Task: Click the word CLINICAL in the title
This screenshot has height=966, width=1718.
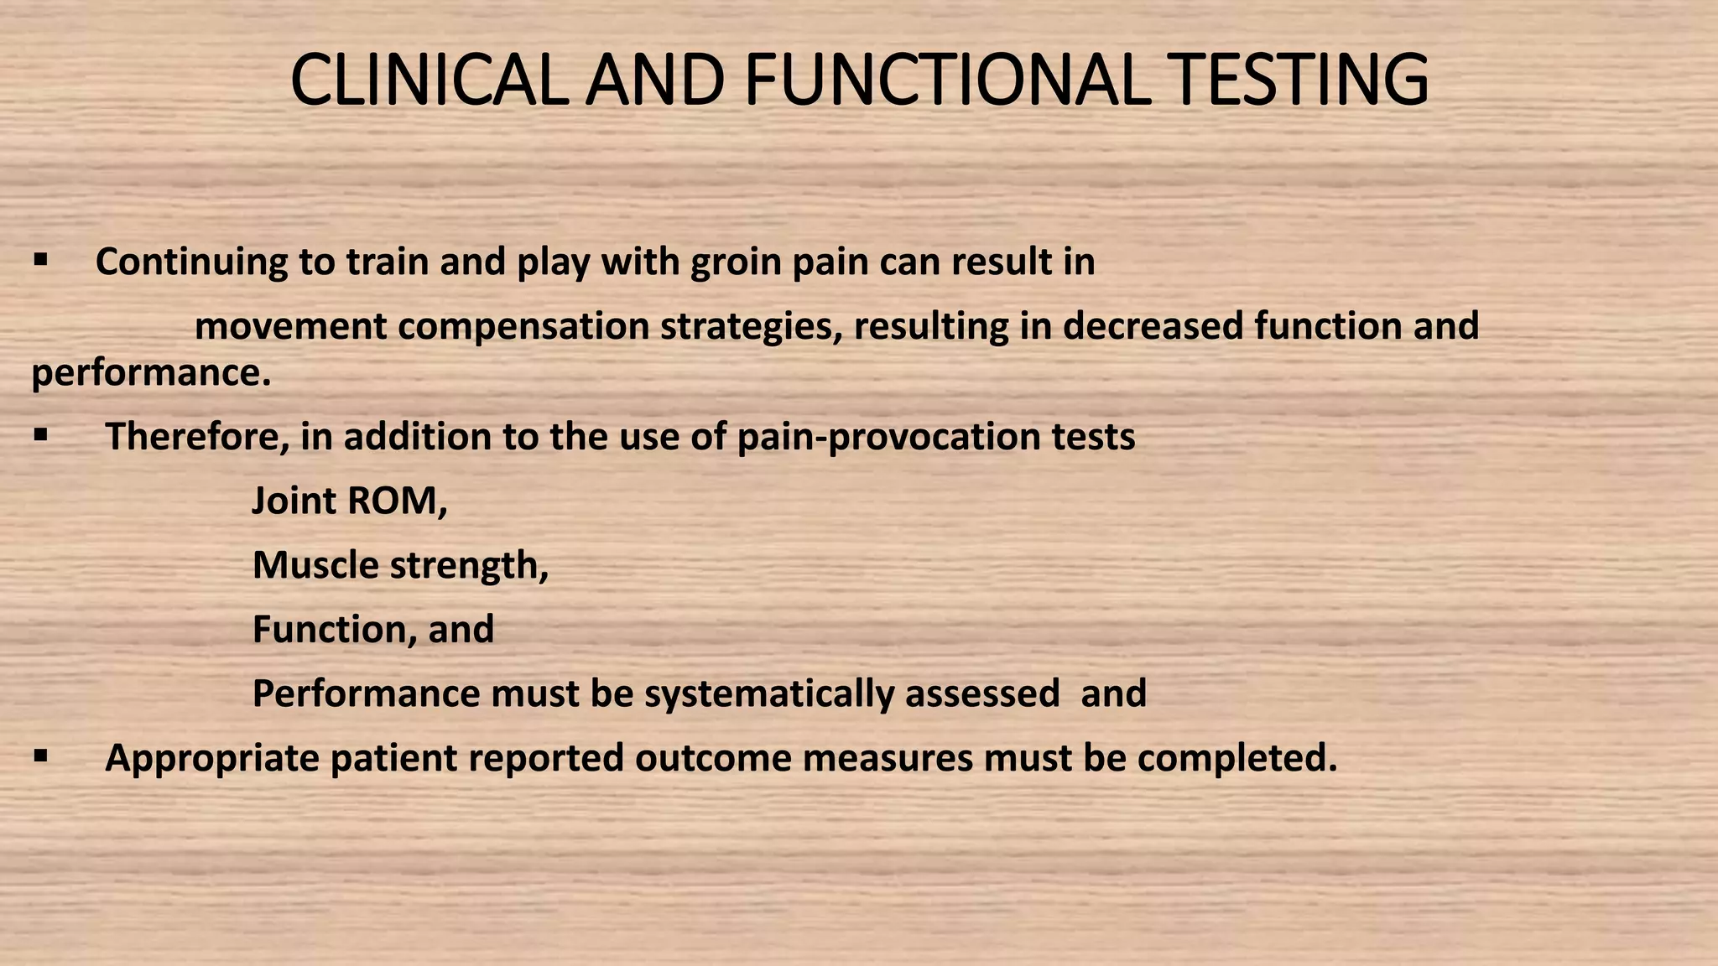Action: pos(427,80)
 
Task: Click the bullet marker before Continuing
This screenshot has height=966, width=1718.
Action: pos(40,261)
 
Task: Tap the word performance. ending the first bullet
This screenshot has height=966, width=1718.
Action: pos(151,373)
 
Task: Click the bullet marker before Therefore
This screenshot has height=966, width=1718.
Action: pos(40,435)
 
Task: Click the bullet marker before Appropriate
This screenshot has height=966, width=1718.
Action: pos(40,756)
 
